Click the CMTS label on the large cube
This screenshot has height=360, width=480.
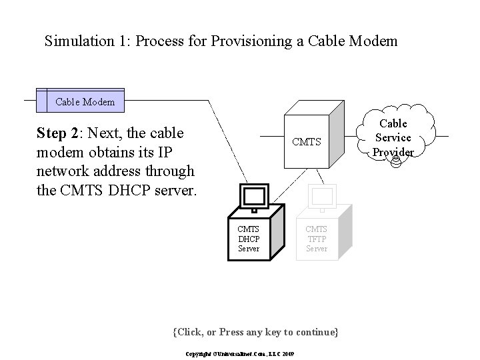306,141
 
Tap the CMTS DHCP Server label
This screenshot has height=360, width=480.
249,239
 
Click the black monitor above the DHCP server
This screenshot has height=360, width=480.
254,197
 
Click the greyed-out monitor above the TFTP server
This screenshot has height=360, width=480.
321,197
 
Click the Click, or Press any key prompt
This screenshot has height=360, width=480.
255,331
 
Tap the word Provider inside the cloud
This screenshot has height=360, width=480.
393,151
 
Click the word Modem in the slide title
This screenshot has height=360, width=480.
374,41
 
